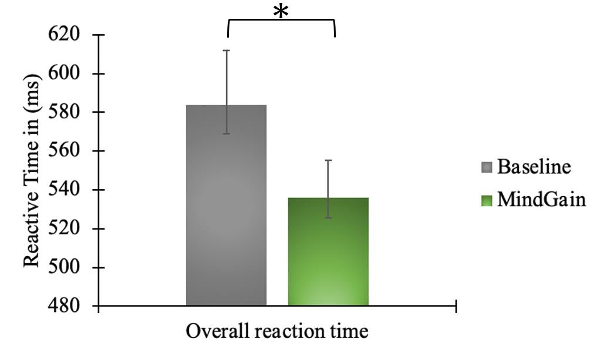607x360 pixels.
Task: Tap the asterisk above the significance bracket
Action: coord(281,11)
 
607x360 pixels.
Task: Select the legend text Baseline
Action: coord(534,167)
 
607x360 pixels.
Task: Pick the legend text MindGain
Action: coord(541,200)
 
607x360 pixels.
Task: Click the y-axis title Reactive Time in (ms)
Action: coord(32,171)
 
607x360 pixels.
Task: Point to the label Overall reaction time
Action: coord(277,332)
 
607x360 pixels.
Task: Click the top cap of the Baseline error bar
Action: coord(226,51)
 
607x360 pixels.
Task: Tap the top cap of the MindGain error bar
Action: coord(328,160)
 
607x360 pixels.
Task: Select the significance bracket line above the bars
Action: coord(281,21)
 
